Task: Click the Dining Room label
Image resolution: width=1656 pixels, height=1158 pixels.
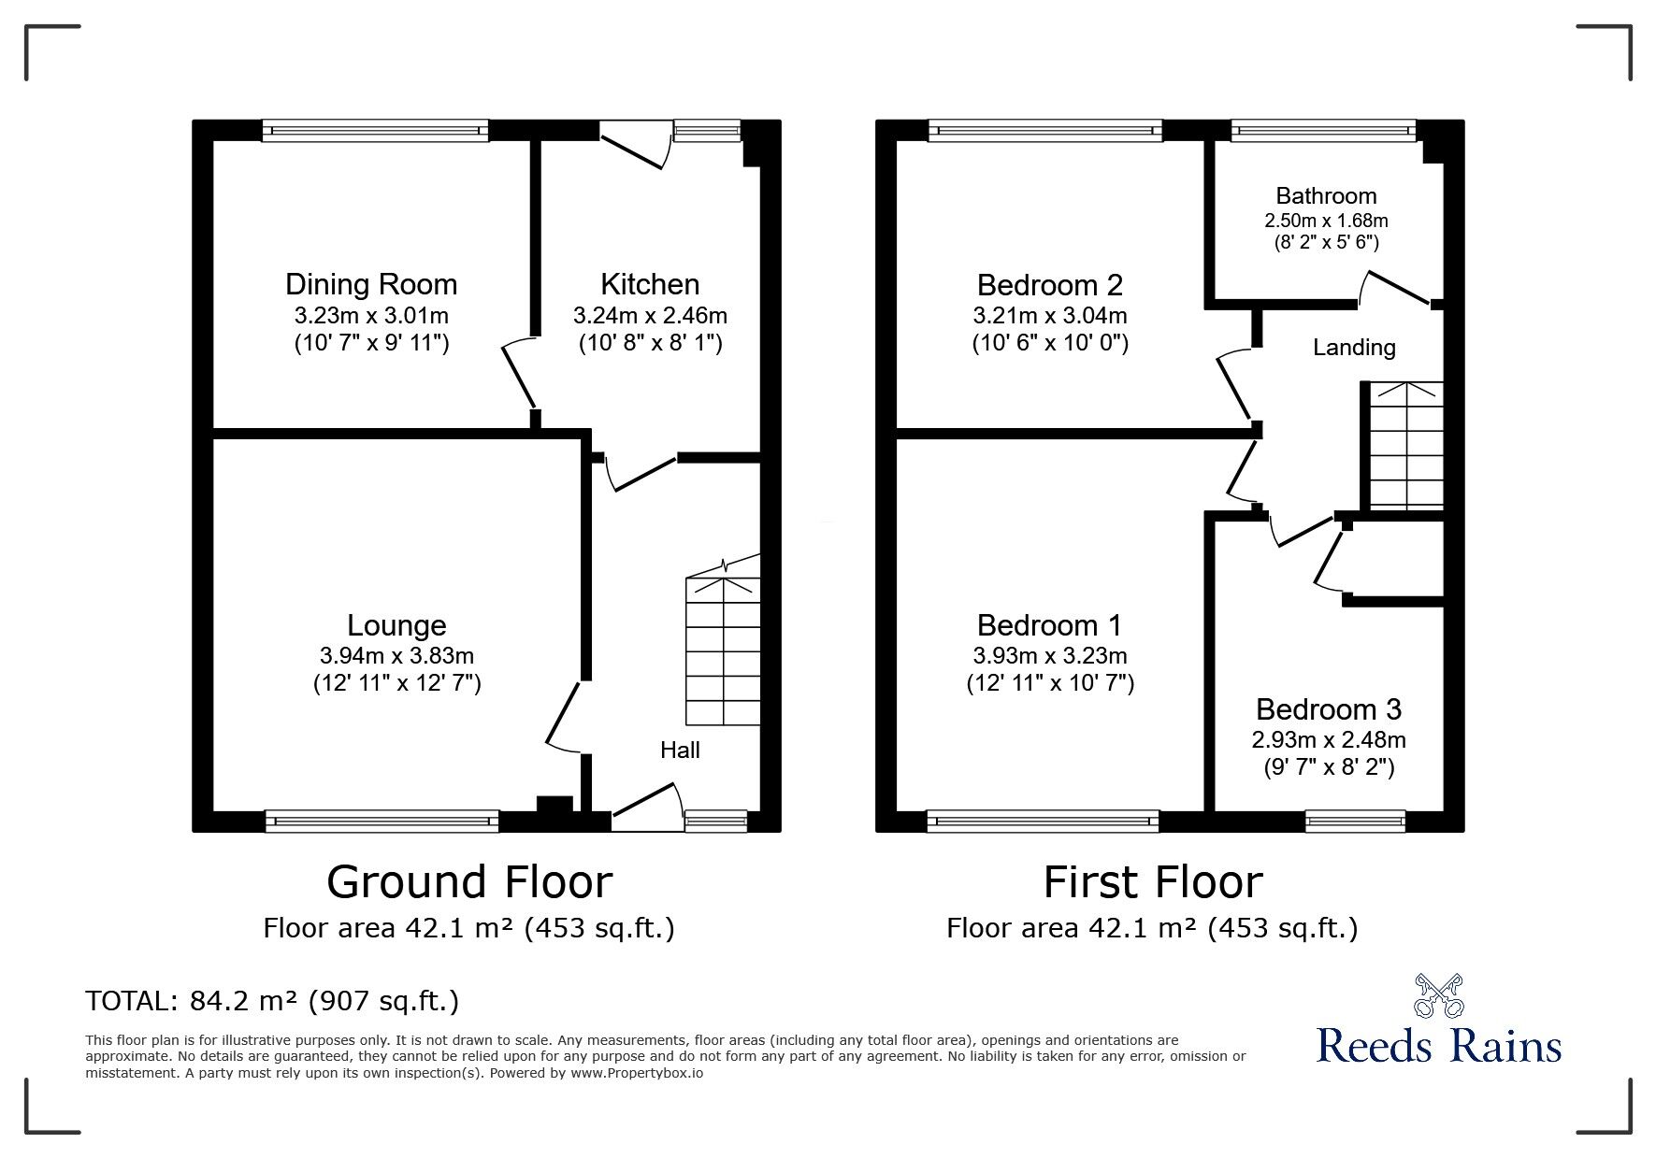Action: pos(370,284)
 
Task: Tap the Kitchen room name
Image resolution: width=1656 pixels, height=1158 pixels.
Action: pos(649,284)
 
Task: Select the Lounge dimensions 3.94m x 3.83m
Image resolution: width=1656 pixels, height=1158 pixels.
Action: pos(396,656)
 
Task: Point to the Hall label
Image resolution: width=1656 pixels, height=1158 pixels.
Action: pos(680,750)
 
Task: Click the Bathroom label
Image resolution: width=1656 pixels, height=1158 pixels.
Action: pos(1326,196)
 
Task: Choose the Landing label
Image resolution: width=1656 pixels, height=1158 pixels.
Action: pos(1354,348)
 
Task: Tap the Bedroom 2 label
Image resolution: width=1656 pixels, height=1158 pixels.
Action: pos(1049,284)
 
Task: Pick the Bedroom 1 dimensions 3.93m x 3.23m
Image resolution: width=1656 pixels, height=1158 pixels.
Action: pos(1049,656)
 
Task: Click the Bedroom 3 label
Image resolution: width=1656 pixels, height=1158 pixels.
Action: pos(1328,709)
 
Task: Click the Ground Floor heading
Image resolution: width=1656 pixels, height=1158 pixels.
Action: pos(469,881)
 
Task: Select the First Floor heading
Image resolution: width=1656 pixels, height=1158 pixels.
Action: pos(1152,881)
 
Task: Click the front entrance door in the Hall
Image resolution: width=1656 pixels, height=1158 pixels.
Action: pos(646,808)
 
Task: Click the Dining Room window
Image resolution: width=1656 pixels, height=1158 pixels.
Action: pos(375,131)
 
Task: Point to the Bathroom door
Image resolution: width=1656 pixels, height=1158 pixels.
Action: pos(1395,287)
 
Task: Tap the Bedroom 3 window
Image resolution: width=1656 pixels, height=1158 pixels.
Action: pos(1355,821)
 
